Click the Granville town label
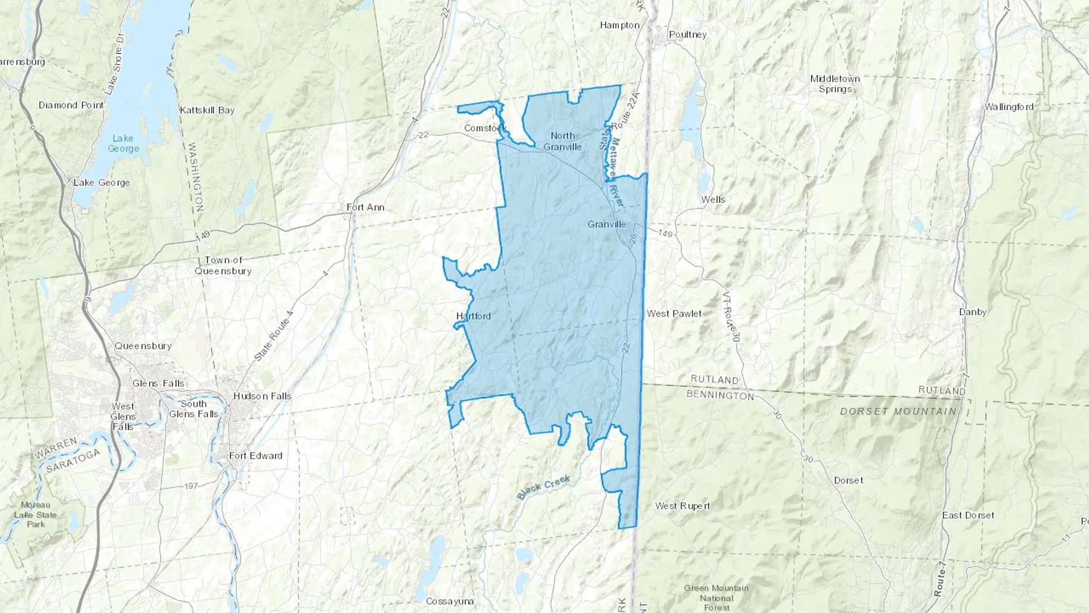(x=607, y=225)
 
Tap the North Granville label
(x=562, y=141)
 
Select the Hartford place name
(x=473, y=316)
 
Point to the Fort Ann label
(x=365, y=207)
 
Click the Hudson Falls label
(x=263, y=396)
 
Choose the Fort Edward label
(x=255, y=456)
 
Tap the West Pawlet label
(x=674, y=313)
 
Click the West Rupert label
(x=682, y=506)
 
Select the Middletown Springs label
(x=835, y=84)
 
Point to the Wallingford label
(x=1009, y=107)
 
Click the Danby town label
(x=973, y=312)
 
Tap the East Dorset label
(x=968, y=515)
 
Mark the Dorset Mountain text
(x=898, y=411)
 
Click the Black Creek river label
(x=543, y=488)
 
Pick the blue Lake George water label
(x=123, y=143)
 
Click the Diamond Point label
(x=71, y=105)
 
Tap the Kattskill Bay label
(x=207, y=110)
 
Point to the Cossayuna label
(x=450, y=601)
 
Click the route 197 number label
(x=191, y=487)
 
